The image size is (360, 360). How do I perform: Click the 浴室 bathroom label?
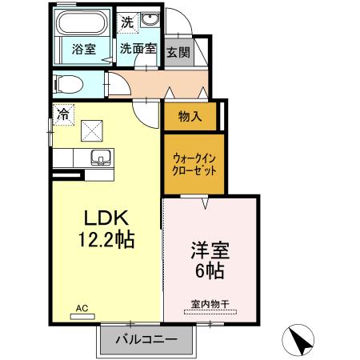(x=84, y=48)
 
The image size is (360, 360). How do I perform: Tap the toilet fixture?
(x=71, y=83)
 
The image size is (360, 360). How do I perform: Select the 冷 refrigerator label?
(x=62, y=114)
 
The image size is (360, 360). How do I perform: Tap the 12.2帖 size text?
(x=104, y=239)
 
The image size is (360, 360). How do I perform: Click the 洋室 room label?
(x=210, y=250)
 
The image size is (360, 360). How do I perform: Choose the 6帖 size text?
(x=210, y=271)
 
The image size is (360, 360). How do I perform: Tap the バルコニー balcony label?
(x=146, y=340)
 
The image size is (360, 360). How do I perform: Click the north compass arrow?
(x=299, y=340)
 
